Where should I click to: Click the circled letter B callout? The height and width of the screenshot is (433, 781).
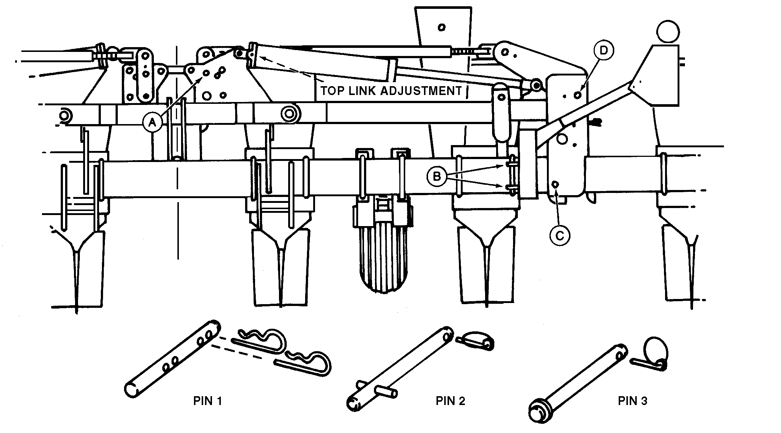(437, 176)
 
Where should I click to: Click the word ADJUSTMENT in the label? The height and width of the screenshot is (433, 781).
(420, 91)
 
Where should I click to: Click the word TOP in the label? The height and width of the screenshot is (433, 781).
(332, 91)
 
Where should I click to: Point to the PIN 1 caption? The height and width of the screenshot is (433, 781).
(208, 401)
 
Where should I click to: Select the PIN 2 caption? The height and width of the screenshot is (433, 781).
(450, 401)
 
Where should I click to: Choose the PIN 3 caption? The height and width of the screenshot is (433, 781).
(632, 401)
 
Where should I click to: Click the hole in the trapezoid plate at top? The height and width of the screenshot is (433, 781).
(442, 27)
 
